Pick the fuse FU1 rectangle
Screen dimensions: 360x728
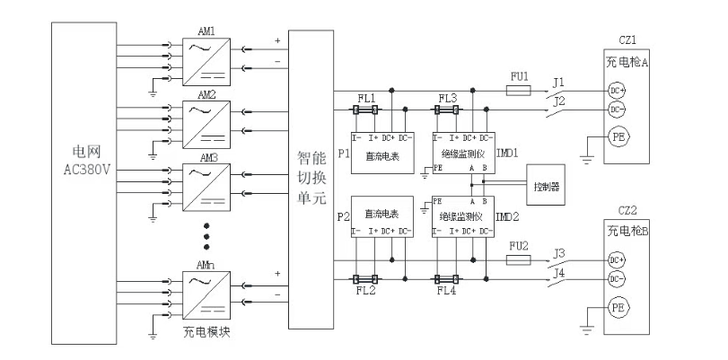point(522,90)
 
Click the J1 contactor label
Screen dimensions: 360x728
point(557,82)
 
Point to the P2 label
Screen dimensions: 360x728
point(341,217)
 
